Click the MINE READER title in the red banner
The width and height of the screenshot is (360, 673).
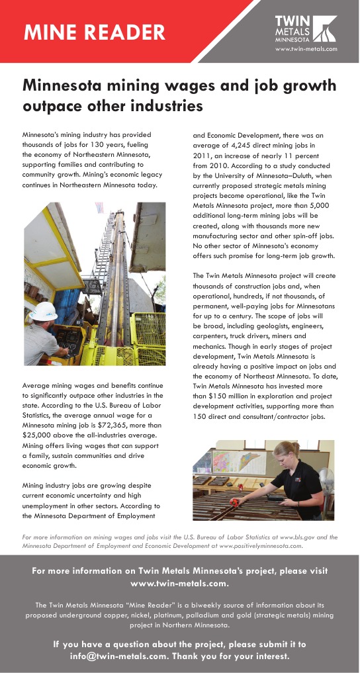pyautogui.click(x=95, y=31)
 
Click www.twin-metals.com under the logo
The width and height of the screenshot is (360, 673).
pyautogui.click(x=306, y=49)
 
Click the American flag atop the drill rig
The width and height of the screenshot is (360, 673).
pyautogui.click(x=100, y=209)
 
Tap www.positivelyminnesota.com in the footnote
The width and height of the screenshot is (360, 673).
pyautogui.click(x=256, y=547)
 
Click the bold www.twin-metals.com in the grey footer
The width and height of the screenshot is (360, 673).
pyautogui.click(x=180, y=584)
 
